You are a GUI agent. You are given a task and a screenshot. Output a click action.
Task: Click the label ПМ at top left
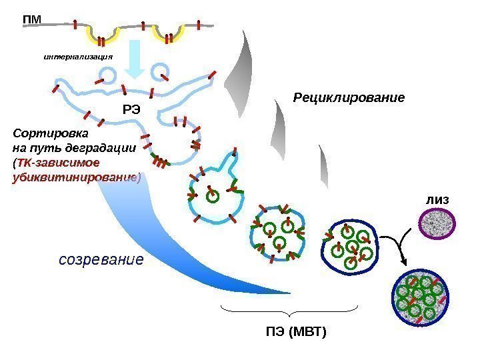(x=31, y=19)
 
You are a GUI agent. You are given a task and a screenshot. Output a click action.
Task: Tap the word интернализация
(x=78, y=56)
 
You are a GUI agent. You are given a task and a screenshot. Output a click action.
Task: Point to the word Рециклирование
(x=349, y=98)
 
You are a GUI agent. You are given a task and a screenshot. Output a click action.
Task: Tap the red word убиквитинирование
(x=77, y=177)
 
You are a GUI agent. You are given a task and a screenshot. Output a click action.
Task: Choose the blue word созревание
(x=101, y=259)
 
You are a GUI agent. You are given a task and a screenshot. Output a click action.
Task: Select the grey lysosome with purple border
(x=436, y=223)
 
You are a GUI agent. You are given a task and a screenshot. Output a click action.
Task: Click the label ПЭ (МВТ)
(x=298, y=331)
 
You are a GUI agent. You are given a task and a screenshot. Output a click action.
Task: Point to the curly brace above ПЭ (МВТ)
(x=289, y=311)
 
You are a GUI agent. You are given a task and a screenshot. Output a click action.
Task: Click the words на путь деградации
(x=75, y=147)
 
